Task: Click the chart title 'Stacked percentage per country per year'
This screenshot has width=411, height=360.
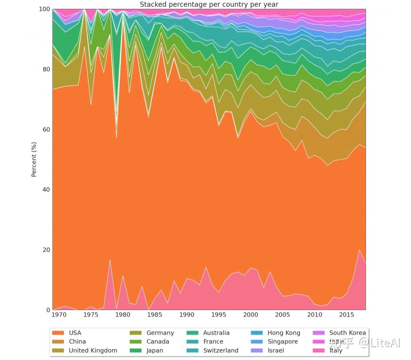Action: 209,4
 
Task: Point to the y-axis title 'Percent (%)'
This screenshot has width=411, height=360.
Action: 34,159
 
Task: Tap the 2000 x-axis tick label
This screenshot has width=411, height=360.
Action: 251,315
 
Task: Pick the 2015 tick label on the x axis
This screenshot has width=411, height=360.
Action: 346,315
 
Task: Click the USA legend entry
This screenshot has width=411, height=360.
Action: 75,333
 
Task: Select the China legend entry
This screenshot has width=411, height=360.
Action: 77,342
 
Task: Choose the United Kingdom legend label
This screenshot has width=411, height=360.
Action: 93,350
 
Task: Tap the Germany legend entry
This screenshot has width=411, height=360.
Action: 160,333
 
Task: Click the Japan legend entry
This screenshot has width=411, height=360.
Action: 155,350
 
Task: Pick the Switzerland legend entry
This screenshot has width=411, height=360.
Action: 221,350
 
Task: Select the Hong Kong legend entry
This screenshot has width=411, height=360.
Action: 284,333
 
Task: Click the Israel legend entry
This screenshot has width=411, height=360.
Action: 275,350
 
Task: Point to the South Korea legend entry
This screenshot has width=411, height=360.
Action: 347,333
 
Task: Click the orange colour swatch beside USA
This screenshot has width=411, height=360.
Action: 58,333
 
